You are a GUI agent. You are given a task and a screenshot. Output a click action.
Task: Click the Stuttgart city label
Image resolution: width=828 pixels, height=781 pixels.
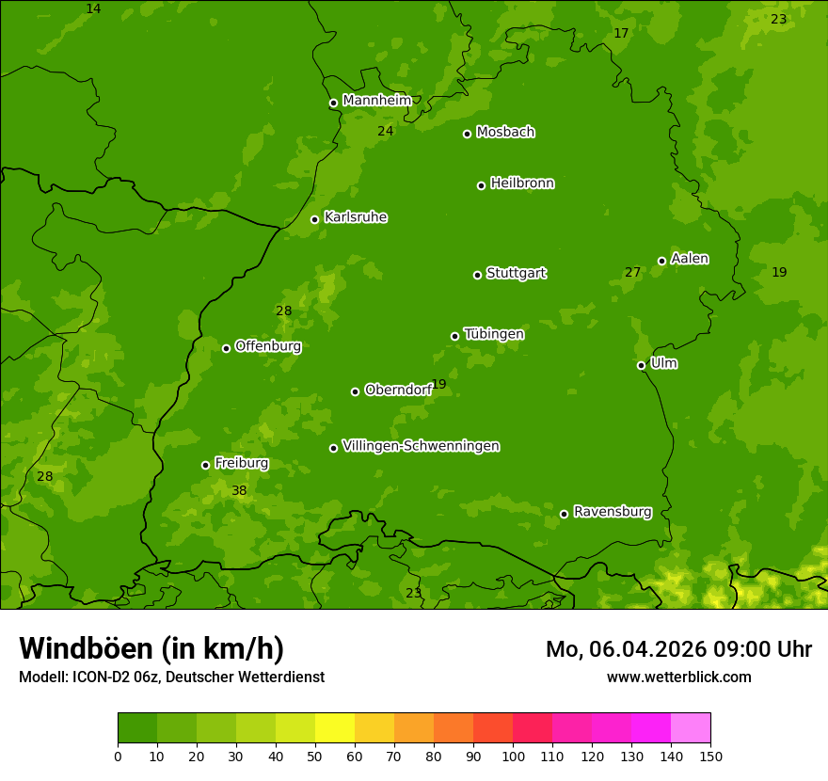[516, 274]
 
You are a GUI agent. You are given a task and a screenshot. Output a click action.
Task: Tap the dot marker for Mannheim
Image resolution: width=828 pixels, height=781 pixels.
[333, 104]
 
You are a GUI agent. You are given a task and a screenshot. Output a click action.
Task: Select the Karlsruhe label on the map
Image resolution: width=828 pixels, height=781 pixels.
[356, 217]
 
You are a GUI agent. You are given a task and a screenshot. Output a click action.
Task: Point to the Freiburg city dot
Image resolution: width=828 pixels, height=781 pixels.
[205, 465]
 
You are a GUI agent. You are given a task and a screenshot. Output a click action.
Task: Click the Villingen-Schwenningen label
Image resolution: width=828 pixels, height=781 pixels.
[421, 446]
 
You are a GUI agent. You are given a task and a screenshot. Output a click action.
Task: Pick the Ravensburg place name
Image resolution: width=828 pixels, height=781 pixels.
[613, 512]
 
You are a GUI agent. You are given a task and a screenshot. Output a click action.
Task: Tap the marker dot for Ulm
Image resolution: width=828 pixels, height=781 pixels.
[641, 365]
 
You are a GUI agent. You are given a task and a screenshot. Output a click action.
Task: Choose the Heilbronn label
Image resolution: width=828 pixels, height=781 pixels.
[522, 183]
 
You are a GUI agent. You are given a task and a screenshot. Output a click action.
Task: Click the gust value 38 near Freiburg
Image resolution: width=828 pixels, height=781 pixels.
[239, 491]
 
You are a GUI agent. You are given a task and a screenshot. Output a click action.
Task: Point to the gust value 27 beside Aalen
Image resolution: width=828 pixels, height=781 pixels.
[632, 273]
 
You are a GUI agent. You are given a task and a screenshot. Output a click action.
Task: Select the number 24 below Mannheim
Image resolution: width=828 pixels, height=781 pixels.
[385, 132]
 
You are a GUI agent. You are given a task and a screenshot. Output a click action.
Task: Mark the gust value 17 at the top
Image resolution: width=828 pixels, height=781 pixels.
[621, 34]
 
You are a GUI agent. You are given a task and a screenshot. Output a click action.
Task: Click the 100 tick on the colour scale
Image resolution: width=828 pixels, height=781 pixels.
[513, 756]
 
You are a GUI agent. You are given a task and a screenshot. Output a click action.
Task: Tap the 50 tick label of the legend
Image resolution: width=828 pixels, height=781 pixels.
[315, 756]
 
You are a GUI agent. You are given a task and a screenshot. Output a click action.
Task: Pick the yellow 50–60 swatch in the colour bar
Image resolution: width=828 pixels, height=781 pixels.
[335, 728]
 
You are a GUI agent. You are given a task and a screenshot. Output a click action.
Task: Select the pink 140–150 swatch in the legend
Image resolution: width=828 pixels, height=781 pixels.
[691, 728]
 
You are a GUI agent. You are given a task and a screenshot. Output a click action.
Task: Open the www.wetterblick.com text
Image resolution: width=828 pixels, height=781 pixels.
[678, 677]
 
